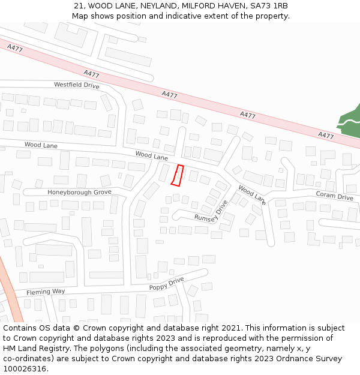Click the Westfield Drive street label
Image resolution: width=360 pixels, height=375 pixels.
pos(76,85)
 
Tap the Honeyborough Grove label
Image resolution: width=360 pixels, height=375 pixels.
pos(79,193)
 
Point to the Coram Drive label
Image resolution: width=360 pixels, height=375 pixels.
pos(334,196)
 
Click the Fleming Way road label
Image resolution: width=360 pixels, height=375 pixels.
pos(46,292)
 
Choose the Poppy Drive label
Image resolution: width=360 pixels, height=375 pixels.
pos(167,284)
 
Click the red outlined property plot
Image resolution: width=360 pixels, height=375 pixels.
pos(177,175)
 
